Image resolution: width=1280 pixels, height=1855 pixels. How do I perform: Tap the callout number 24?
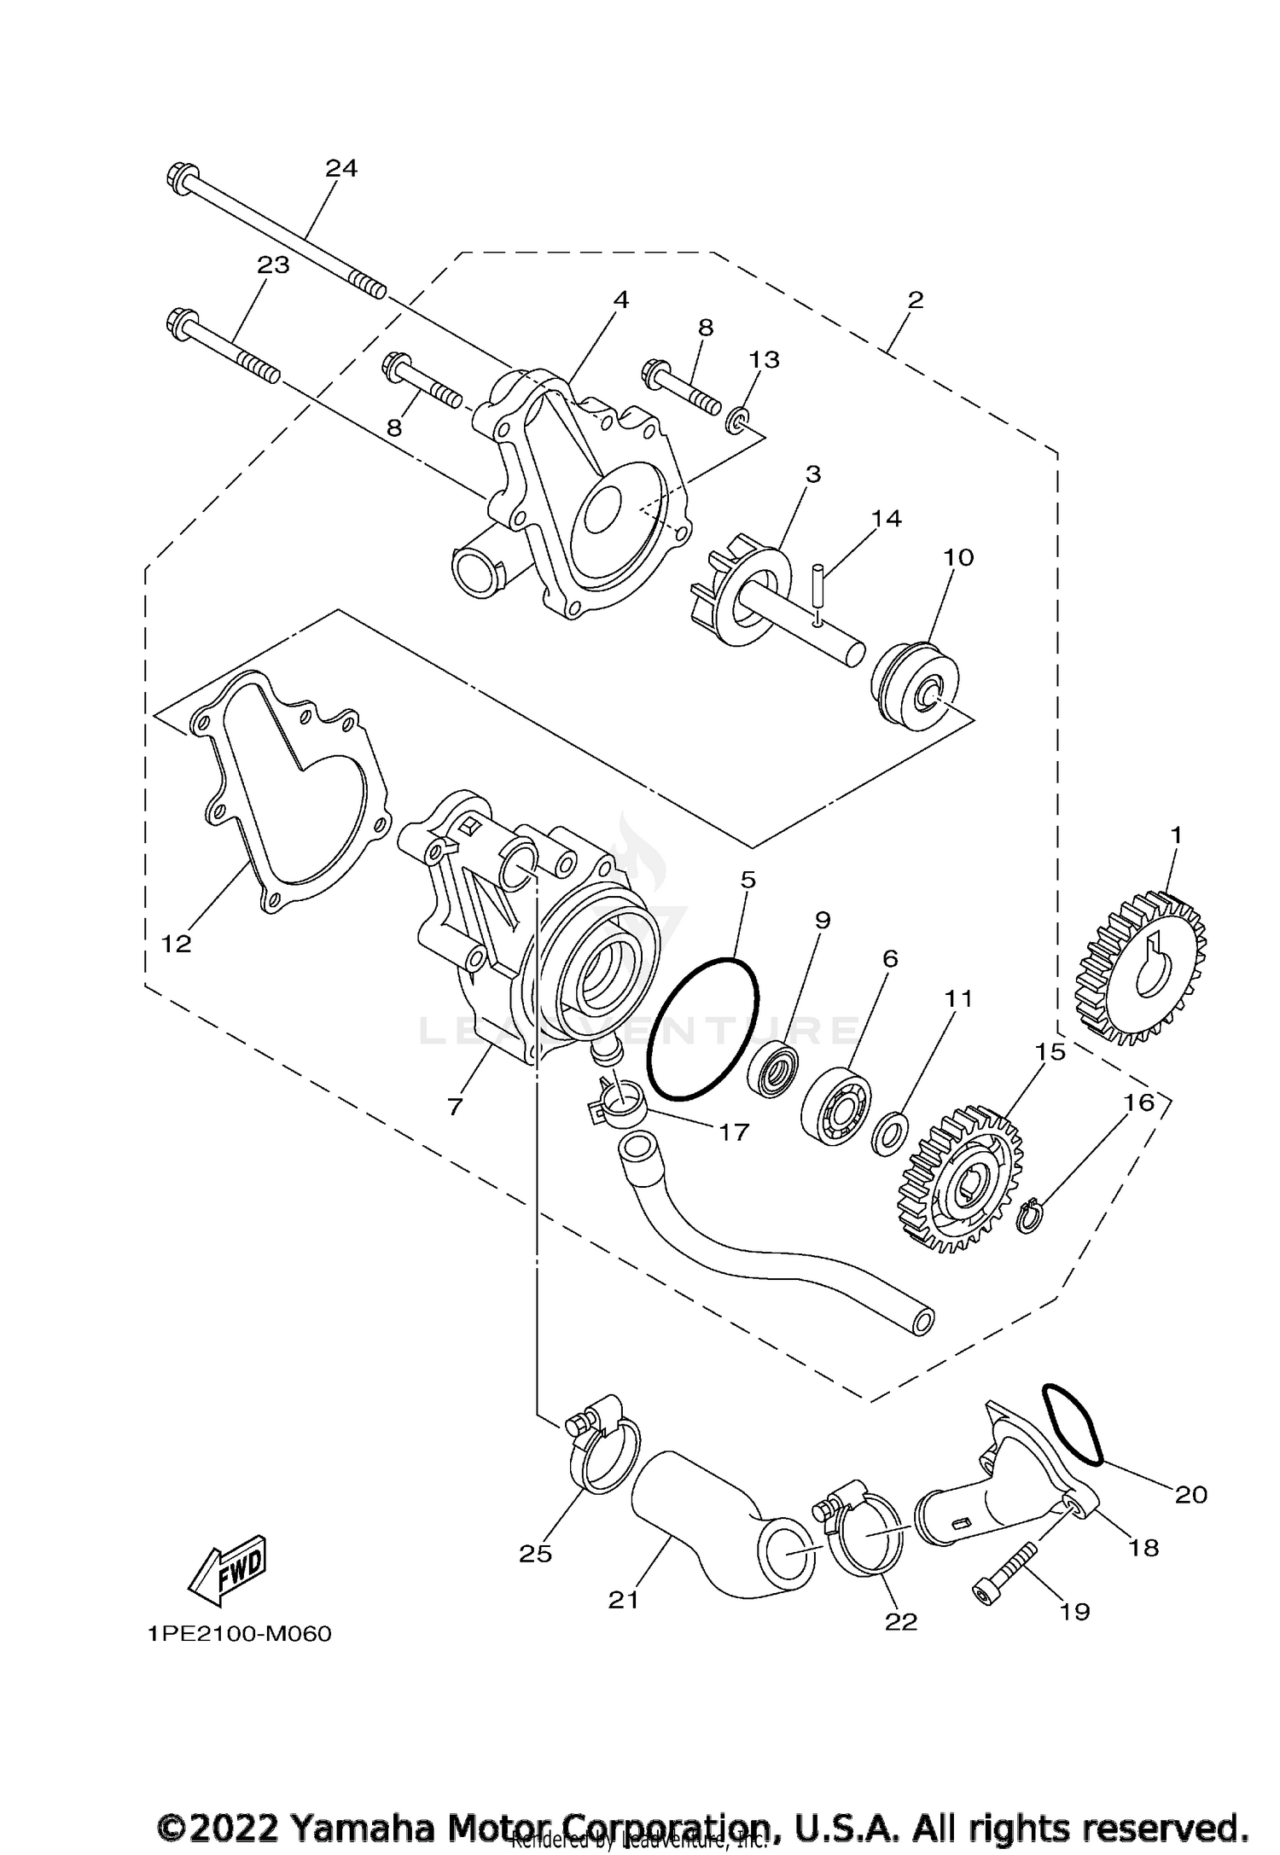[341, 168]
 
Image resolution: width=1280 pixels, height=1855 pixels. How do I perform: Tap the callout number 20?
[1191, 1494]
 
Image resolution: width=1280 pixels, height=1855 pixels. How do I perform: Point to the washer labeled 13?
[737, 420]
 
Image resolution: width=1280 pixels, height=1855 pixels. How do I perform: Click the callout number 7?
[455, 1107]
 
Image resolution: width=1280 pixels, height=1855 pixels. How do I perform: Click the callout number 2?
[916, 300]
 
